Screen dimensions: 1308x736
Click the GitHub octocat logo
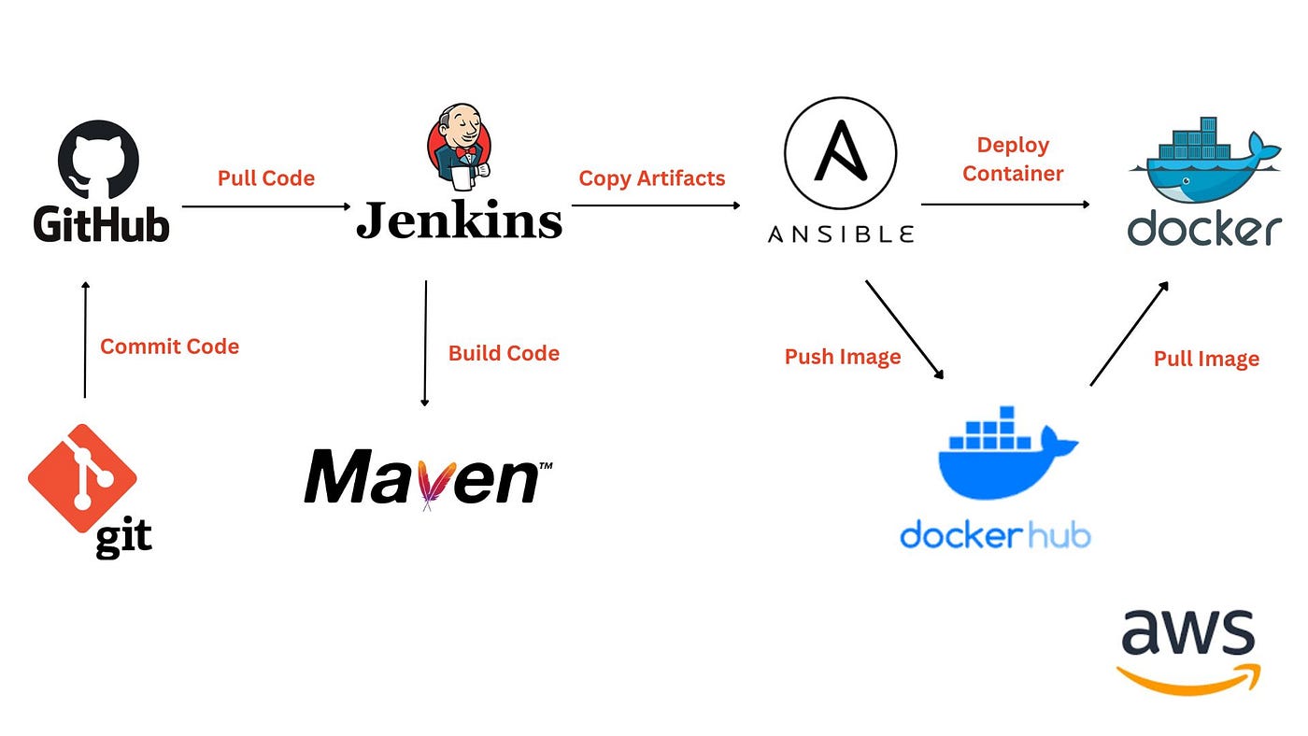tap(98, 159)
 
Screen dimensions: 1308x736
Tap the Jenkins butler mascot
tap(459, 147)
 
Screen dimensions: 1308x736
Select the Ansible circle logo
tap(840, 153)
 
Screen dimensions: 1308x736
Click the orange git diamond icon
tap(82, 478)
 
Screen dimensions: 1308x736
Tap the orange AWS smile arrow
tap(1188, 679)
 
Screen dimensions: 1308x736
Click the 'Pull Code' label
tap(266, 178)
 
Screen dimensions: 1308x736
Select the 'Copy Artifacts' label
tap(652, 178)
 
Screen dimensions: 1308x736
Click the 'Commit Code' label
tap(169, 347)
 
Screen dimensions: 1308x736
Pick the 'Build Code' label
tap(504, 353)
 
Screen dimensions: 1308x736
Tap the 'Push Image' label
tap(843, 357)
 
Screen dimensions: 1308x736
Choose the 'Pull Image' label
tap(1206, 359)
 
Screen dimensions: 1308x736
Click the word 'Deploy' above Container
tap(1013, 146)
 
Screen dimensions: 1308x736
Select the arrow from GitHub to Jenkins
tap(266, 206)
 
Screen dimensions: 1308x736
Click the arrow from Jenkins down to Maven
tap(425, 343)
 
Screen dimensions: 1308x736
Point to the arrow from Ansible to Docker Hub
tap(904, 330)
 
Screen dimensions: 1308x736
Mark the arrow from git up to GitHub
tap(85, 340)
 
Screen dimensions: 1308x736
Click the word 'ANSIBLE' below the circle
tap(841, 234)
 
